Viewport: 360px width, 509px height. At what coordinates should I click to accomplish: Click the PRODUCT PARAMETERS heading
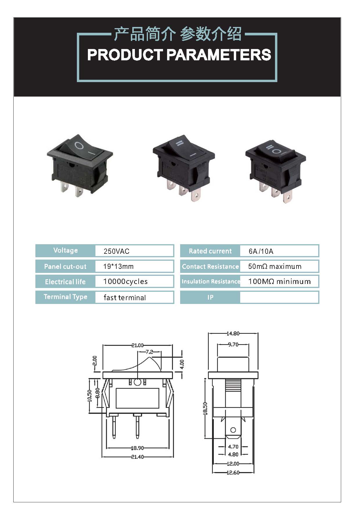point(179,55)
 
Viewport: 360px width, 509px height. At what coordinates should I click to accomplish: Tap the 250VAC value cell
point(134,251)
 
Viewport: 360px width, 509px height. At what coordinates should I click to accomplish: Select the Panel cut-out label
point(65,266)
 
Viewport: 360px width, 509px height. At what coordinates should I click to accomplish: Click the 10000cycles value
point(125,281)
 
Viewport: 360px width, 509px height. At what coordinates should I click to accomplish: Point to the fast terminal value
point(125,298)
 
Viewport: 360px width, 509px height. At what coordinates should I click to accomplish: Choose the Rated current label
point(210,251)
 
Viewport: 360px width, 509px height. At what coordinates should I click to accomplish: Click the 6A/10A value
point(261,251)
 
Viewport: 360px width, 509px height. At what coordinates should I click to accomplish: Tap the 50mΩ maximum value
point(275,266)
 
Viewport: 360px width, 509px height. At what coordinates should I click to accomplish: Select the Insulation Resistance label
point(211,281)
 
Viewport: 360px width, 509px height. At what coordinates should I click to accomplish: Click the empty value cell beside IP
point(279,297)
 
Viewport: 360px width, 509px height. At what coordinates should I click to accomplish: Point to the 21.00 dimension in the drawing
point(138,345)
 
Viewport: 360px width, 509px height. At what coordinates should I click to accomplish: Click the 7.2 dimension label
point(149,352)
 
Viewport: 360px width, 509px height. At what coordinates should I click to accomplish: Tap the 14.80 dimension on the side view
point(233,334)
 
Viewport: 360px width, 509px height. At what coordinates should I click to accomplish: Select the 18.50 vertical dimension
point(205,408)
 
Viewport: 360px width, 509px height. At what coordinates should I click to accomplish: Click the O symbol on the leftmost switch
point(79,145)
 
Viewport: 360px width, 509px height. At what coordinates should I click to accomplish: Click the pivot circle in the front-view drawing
point(138,382)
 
